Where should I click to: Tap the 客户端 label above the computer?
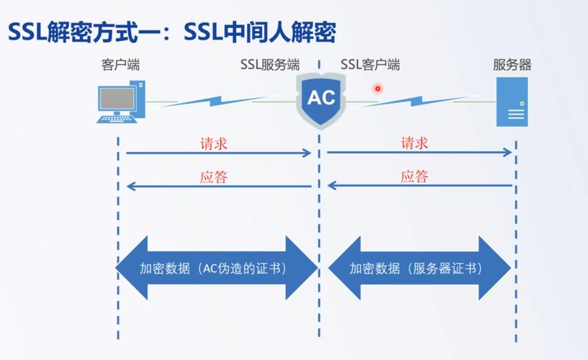(120, 65)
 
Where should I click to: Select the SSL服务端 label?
(270, 65)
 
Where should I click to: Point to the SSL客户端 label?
(370, 65)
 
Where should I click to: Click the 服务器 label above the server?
(512, 65)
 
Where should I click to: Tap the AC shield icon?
(321, 99)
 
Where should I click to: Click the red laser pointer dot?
(376, 89)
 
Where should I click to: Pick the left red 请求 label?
(214, 143)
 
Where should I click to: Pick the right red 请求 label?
(415, 143)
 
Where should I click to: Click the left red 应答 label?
(214, 176)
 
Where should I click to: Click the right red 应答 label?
(415, 176)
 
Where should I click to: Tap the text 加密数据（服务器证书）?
(416, 269)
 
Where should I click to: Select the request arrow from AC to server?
(420, 153)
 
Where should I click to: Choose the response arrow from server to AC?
(420, 186)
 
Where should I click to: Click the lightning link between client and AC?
(209, 99)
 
